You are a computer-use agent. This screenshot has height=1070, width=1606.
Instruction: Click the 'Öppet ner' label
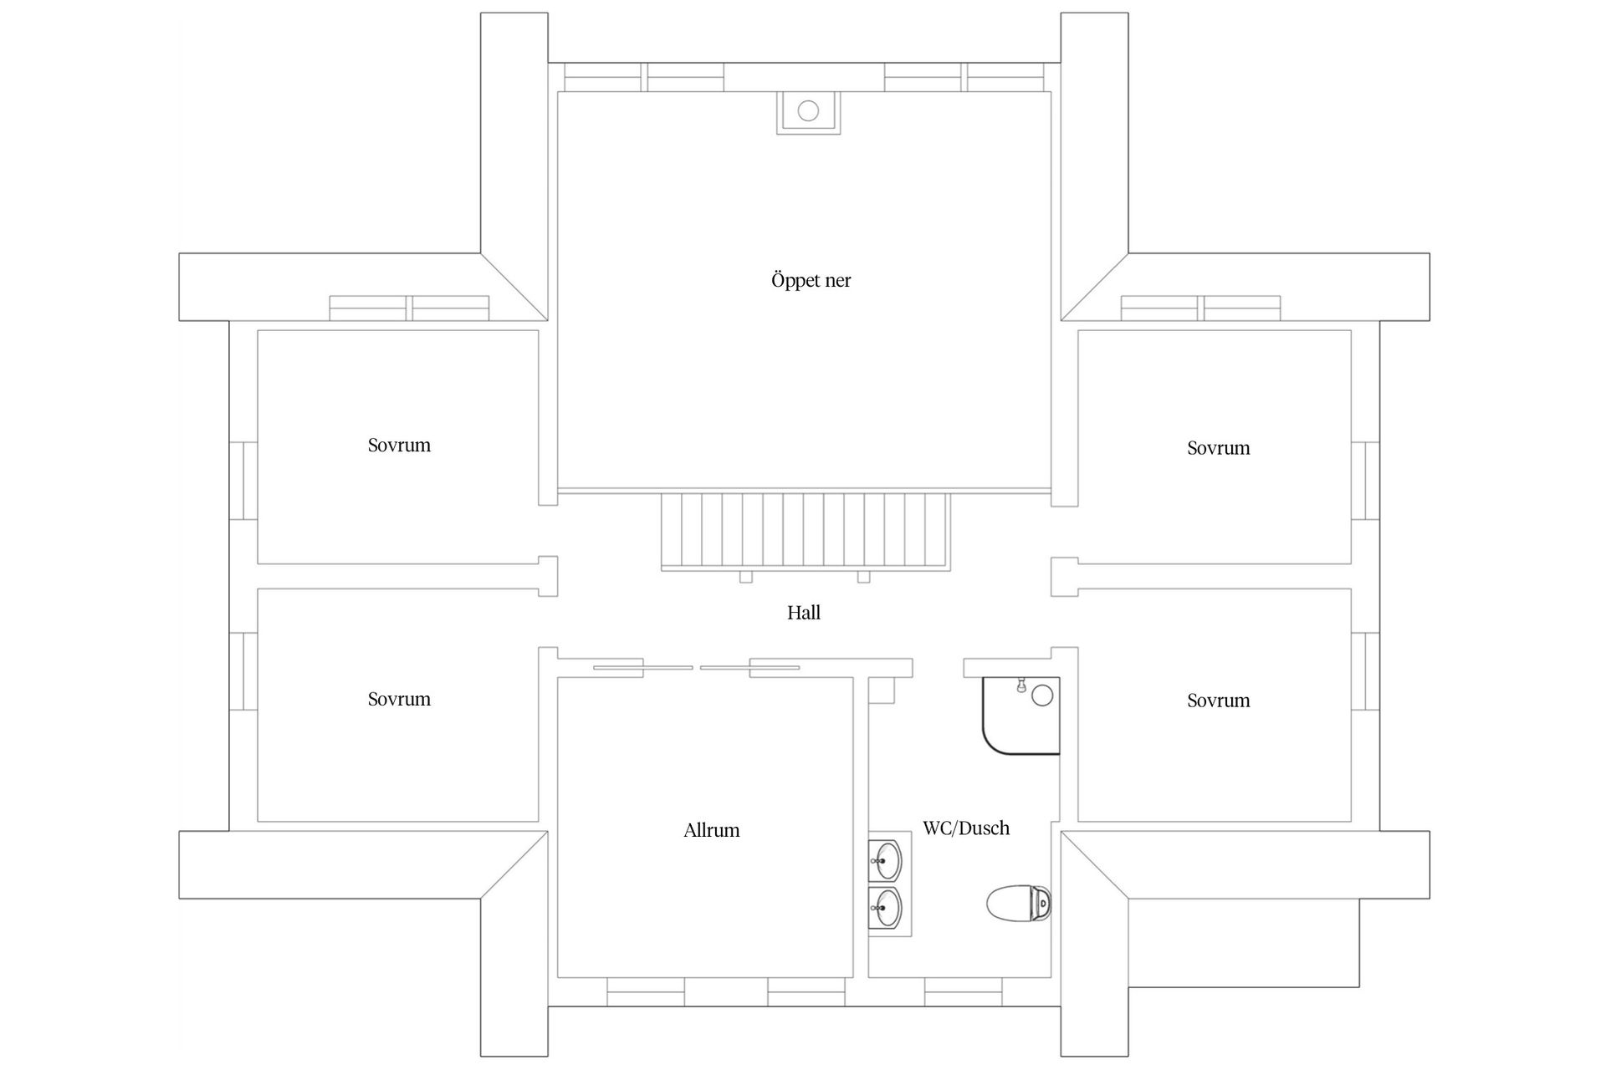pos(811,281)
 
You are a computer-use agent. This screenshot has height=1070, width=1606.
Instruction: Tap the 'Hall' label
pos(803,614)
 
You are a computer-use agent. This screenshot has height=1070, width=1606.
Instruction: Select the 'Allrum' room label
pos(712,831)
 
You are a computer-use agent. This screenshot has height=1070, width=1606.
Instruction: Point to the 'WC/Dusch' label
pos(966,828)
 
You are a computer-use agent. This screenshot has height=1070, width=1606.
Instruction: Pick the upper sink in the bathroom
pos(885,859)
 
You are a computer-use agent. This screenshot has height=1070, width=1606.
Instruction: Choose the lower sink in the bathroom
pos(885,907)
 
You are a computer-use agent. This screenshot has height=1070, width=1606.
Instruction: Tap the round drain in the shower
pos(1042,695)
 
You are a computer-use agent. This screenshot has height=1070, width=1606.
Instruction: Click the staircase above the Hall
pos(805,530)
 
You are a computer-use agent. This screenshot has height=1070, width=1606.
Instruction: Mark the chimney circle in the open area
pos(808,110)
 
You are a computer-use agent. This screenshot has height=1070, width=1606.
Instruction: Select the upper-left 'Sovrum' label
pos(399,446)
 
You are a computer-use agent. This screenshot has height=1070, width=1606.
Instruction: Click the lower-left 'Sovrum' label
pos(399,700)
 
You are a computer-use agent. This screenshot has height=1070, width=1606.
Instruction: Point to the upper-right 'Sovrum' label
pos(1218,448)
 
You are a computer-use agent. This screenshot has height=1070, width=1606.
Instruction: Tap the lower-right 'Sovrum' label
pos(1218,701)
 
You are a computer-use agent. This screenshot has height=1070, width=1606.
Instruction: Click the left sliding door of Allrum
pos(642,667)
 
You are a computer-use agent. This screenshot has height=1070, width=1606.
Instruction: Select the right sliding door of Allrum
pos(750,667)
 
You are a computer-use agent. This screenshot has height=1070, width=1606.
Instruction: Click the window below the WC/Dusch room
pos(963,992)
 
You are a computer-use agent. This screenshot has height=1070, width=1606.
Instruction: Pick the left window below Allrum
pos(645,992)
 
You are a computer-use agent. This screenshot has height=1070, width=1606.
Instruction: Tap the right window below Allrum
pos(806,992)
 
